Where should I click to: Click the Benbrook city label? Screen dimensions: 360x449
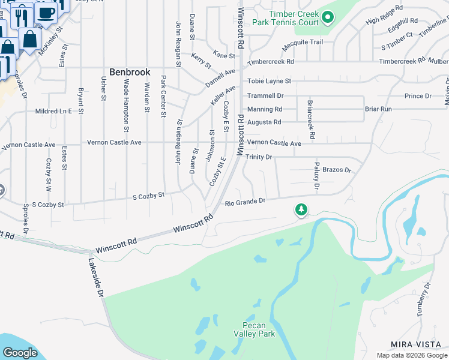130,72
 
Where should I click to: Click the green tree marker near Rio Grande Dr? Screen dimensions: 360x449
301,210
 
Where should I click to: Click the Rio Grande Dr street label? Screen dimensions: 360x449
245,203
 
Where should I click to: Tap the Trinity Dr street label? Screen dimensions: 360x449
259,157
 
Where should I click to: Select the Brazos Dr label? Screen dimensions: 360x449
336,170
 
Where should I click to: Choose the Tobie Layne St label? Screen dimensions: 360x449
269,81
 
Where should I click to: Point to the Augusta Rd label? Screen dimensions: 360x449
264,122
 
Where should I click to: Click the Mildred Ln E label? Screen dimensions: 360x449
53,111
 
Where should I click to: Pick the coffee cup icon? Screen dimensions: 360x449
46,11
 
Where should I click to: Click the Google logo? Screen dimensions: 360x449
20,353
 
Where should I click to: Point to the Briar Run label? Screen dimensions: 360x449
378,109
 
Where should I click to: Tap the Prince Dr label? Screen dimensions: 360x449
418,96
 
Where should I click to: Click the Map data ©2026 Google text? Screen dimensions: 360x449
412,355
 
